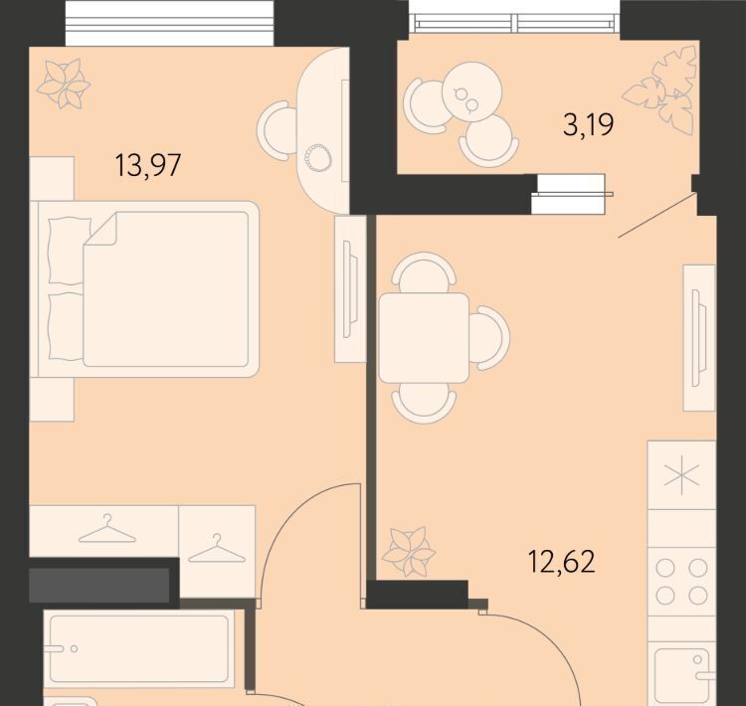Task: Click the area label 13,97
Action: pos(148,165)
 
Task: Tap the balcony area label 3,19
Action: pos(588,125)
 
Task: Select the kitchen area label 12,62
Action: pos(561,562)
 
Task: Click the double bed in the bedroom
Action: pos(144,289)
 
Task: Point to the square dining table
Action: pos(424,338)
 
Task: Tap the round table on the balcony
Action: pos(471,91)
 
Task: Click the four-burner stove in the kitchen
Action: pos(681,582)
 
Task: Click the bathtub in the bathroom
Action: pos(139,648)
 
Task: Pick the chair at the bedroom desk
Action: pos(277,130)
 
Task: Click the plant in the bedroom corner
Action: pos(64,84)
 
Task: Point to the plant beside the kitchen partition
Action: pos(409,552)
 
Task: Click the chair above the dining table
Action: pos(424,272)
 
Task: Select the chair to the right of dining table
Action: pos(489,338)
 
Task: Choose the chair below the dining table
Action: pos(424,404)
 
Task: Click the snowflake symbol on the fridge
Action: pos(681,475)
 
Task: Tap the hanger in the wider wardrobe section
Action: pos(107,529)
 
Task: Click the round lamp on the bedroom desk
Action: pos(318,156)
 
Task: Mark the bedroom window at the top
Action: pos(169,23)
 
